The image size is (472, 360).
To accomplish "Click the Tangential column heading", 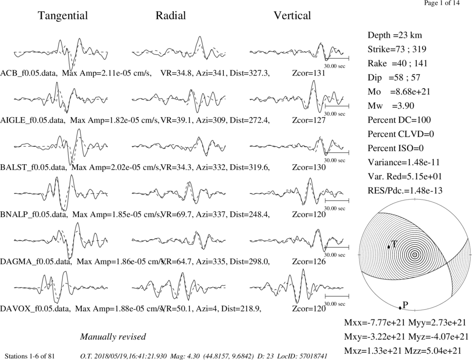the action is [63, 16].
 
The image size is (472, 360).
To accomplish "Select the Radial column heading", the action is [171, 16].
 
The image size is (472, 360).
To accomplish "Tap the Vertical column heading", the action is [292, 16].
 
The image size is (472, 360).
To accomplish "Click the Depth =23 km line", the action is [395, 35].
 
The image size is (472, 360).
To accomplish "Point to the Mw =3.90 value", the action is [391, 106].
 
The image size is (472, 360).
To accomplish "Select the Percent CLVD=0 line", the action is [401, 134].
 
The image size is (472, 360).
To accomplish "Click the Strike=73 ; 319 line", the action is [397, 49].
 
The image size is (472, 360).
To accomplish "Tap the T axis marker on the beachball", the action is [388, 247].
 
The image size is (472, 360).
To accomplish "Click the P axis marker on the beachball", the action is [400, 308].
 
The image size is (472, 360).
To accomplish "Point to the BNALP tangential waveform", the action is [61, 193].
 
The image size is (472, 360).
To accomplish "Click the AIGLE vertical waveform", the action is [297, 96].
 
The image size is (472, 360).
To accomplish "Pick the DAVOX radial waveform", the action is [178, 286].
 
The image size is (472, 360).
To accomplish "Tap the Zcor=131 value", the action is [309, 73].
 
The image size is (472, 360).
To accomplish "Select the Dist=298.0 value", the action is [250, 261].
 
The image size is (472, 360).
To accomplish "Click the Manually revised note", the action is [113, 336].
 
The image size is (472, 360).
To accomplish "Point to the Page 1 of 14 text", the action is [442, 3].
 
